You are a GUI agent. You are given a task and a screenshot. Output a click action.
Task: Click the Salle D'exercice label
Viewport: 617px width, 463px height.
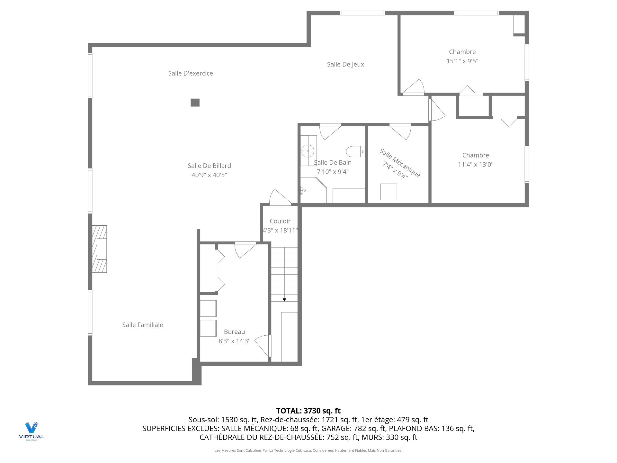[191, 73]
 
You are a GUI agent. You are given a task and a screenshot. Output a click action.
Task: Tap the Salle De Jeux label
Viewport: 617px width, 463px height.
[345, 64]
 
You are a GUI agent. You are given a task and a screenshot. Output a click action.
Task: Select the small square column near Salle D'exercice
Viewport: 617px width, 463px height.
[195, 103]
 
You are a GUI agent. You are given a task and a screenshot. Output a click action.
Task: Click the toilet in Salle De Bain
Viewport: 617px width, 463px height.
[355, 151]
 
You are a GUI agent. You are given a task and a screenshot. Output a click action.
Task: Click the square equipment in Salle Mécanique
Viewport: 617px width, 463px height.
[389, 192]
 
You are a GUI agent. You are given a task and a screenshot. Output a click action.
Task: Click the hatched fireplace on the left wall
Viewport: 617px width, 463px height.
[99, 249]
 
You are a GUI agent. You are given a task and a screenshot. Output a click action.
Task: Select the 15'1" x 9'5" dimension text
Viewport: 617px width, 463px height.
[462, 61]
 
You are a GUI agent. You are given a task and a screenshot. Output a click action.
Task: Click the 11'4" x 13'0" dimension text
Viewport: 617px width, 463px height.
[476, 164]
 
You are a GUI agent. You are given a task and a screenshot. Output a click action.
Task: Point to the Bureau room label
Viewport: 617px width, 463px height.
[234, 332]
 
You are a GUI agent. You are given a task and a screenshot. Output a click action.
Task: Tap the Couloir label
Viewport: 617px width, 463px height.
[280, 221]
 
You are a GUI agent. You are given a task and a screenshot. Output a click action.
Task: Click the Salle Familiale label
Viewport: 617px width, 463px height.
[143, 325]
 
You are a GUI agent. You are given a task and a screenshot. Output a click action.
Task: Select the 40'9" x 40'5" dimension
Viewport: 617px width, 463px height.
[209, 175]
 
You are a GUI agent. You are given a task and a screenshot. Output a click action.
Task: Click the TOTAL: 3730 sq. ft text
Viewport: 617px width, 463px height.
[308, 411]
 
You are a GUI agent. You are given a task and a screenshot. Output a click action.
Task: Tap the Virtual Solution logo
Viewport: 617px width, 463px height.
[31, 431]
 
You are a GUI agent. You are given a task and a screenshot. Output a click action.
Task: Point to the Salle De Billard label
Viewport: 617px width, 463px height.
[209, 166]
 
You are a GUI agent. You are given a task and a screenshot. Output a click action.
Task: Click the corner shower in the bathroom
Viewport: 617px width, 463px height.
[313, 190]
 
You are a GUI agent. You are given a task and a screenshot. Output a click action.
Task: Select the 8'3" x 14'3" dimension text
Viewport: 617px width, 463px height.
[234, 341]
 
